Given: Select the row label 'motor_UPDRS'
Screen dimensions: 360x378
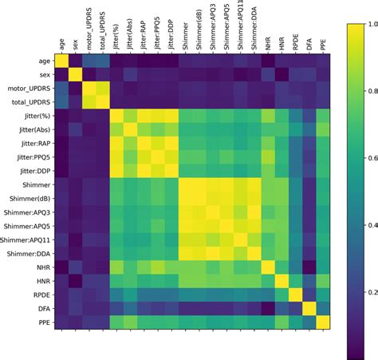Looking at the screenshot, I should (36, 88).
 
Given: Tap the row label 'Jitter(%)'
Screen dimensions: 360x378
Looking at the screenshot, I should (41, 115).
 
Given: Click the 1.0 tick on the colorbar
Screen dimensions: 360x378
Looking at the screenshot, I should (365, 25).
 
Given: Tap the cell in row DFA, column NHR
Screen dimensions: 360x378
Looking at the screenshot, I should (271, 308).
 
